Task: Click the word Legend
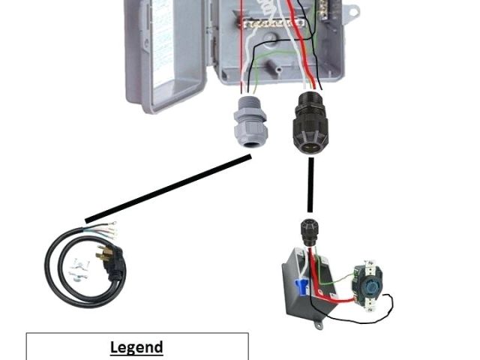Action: [x=136, y=347]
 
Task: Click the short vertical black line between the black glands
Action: [x=309, y=184]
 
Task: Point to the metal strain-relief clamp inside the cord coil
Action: [x=77, y=268]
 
